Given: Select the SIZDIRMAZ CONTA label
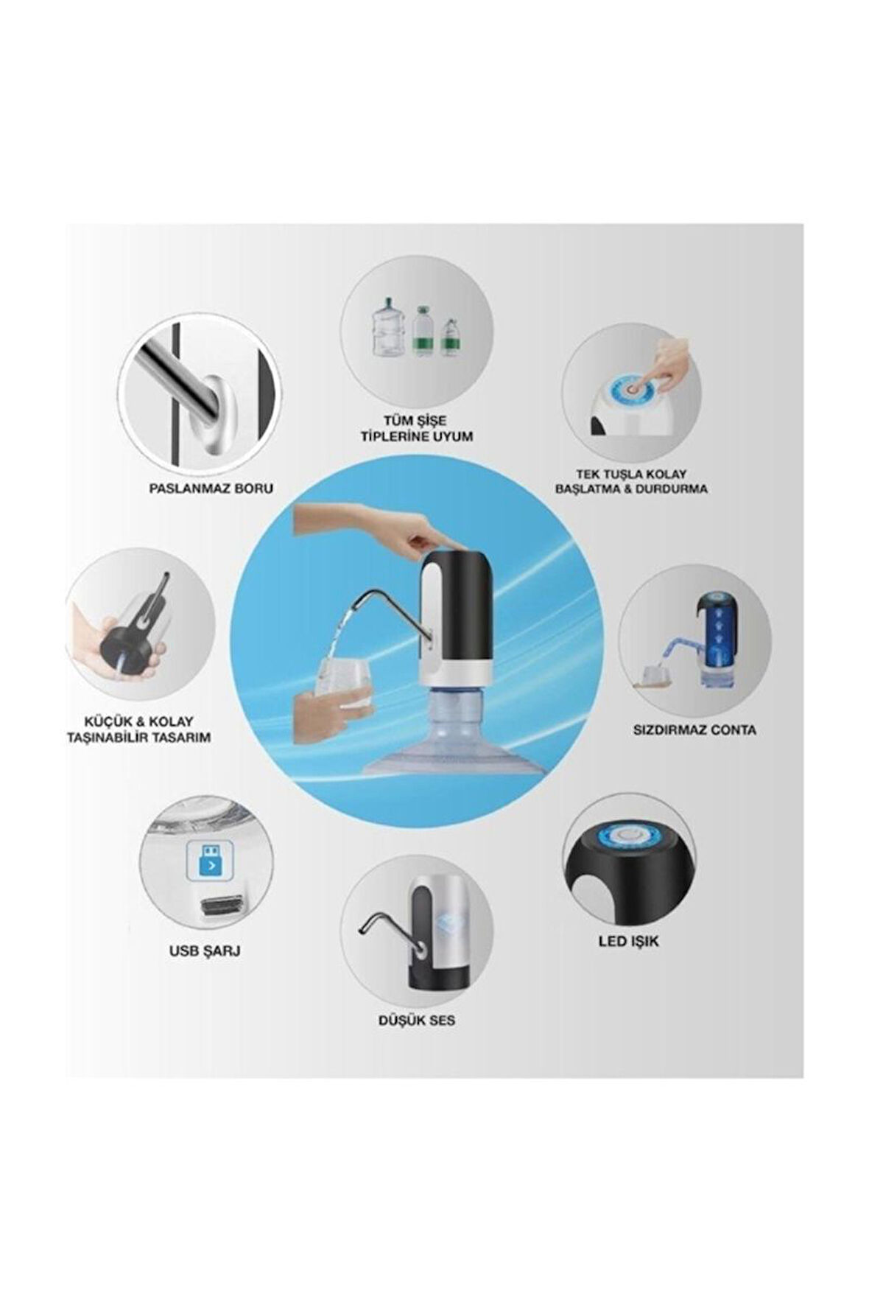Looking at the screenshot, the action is click(x=694, y=730).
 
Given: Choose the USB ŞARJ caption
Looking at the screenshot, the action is click(x=205, y=951).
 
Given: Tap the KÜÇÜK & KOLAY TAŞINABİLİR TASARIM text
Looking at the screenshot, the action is click(x=138, y=729).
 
